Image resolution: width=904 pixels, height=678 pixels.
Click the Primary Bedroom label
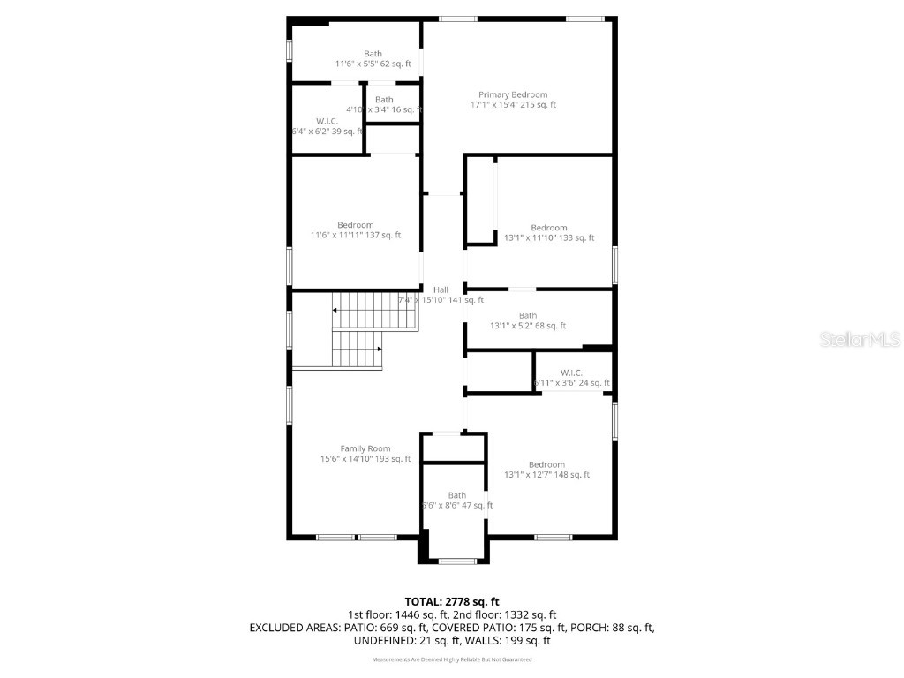513,94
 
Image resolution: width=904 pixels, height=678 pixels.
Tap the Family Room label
365,448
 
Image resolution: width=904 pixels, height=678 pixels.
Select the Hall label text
441,290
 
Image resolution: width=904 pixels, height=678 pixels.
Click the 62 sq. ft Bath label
373,54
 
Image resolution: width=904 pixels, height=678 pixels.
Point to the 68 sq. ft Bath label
527,315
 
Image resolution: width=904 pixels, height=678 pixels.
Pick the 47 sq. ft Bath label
456,495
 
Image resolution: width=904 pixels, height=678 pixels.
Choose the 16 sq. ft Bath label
384,100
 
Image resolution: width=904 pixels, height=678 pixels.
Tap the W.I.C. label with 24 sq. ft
571,373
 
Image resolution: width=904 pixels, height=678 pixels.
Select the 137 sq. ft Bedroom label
355,225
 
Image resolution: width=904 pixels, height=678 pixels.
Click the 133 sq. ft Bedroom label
548,228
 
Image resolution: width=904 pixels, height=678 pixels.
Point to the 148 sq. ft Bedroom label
546,465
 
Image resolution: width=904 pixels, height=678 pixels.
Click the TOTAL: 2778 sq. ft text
451,601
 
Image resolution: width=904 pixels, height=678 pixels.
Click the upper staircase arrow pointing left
336,310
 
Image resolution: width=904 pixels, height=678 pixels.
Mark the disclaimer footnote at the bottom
452,659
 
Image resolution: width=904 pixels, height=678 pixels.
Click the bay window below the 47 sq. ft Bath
456,561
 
